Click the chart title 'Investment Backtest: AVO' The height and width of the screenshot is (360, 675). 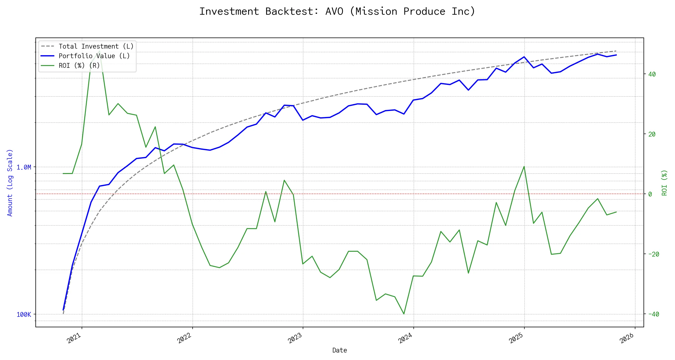click(337, 11)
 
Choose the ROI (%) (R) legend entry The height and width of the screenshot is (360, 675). click(79, 66)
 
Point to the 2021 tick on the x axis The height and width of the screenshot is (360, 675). click(74, 338)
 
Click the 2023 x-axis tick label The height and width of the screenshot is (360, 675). click(295, 338)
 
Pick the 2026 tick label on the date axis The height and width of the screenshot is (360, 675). click(627, 338)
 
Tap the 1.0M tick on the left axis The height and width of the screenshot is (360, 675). click(24, 167)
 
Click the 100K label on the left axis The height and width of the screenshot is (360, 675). click(24, 315)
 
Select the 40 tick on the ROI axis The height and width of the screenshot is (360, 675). click(652, 74)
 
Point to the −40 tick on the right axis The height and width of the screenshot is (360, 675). click(653, 314)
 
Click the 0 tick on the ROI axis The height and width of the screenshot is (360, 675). click(650, 194)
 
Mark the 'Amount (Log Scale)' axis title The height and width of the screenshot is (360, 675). click(10, 183)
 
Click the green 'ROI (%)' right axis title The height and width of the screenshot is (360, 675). click(664, 183)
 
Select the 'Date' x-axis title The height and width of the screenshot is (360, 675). click(340, 350)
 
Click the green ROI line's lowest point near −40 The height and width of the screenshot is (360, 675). click(404, 314)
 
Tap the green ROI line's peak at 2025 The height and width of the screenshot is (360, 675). click(524, 166)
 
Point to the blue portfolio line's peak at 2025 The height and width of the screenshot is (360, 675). click(524, 57)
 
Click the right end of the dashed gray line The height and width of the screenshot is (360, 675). click(616, 51)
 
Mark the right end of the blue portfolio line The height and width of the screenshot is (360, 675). click(616, 55)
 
